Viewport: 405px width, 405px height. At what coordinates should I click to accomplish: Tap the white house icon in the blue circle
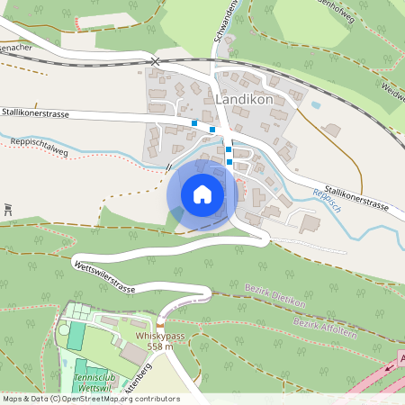[202, 193]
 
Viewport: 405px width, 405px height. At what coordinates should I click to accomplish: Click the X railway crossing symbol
[155, 61]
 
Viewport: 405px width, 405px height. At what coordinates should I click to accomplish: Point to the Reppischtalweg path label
[40, 146]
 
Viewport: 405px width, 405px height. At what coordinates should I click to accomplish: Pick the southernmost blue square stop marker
[229, 162]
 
